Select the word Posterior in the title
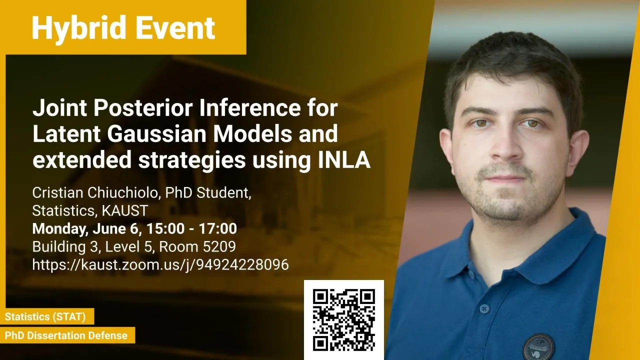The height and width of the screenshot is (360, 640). [142, 107]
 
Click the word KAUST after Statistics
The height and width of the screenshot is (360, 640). [125, 210]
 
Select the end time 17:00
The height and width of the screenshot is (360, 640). [217, 228]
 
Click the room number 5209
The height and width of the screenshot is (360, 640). [219, 246]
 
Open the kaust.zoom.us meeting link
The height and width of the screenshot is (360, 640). [160, 264]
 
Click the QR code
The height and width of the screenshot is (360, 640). [343, 319]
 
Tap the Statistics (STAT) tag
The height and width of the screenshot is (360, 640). [45, 316]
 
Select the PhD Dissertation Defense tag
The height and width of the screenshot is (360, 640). [66, 335]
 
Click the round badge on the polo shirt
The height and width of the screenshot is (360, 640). [538, 346]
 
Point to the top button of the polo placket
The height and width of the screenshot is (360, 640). [484, 308]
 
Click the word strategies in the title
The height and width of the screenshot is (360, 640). [191, 159]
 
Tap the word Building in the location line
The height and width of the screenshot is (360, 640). [59, 247]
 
